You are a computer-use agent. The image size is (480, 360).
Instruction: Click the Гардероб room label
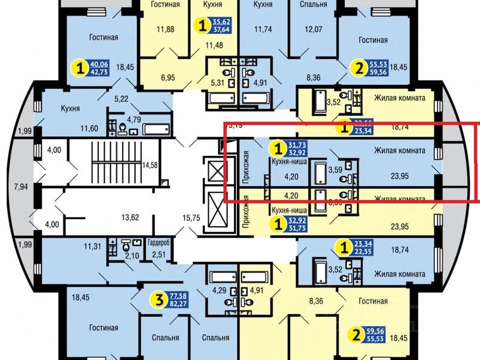159,244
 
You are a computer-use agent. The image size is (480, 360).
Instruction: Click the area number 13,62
129,217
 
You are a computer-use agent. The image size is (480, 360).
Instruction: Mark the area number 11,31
92,245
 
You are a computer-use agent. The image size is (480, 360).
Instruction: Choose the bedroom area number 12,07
314,29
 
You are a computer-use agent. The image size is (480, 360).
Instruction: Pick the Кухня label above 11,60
71,109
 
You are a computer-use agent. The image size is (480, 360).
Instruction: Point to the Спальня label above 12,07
314,5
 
